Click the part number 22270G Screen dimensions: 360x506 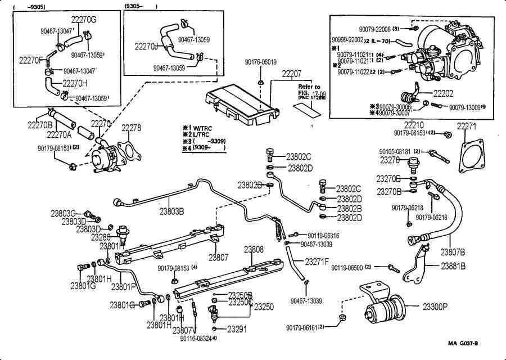[85, 19]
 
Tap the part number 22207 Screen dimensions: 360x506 [292, 74]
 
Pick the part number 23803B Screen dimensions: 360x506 [172, 212]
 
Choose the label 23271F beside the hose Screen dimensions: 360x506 [317, 262]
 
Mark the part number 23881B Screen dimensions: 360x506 [453, 267]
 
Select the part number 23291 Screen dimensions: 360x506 [237, 329]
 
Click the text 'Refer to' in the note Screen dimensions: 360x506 [309, 87]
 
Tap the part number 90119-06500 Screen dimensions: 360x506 [347, 268]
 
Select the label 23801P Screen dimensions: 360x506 [123, 287]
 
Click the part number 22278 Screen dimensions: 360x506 [132, 129]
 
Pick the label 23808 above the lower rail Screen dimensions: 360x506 [254, 248]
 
